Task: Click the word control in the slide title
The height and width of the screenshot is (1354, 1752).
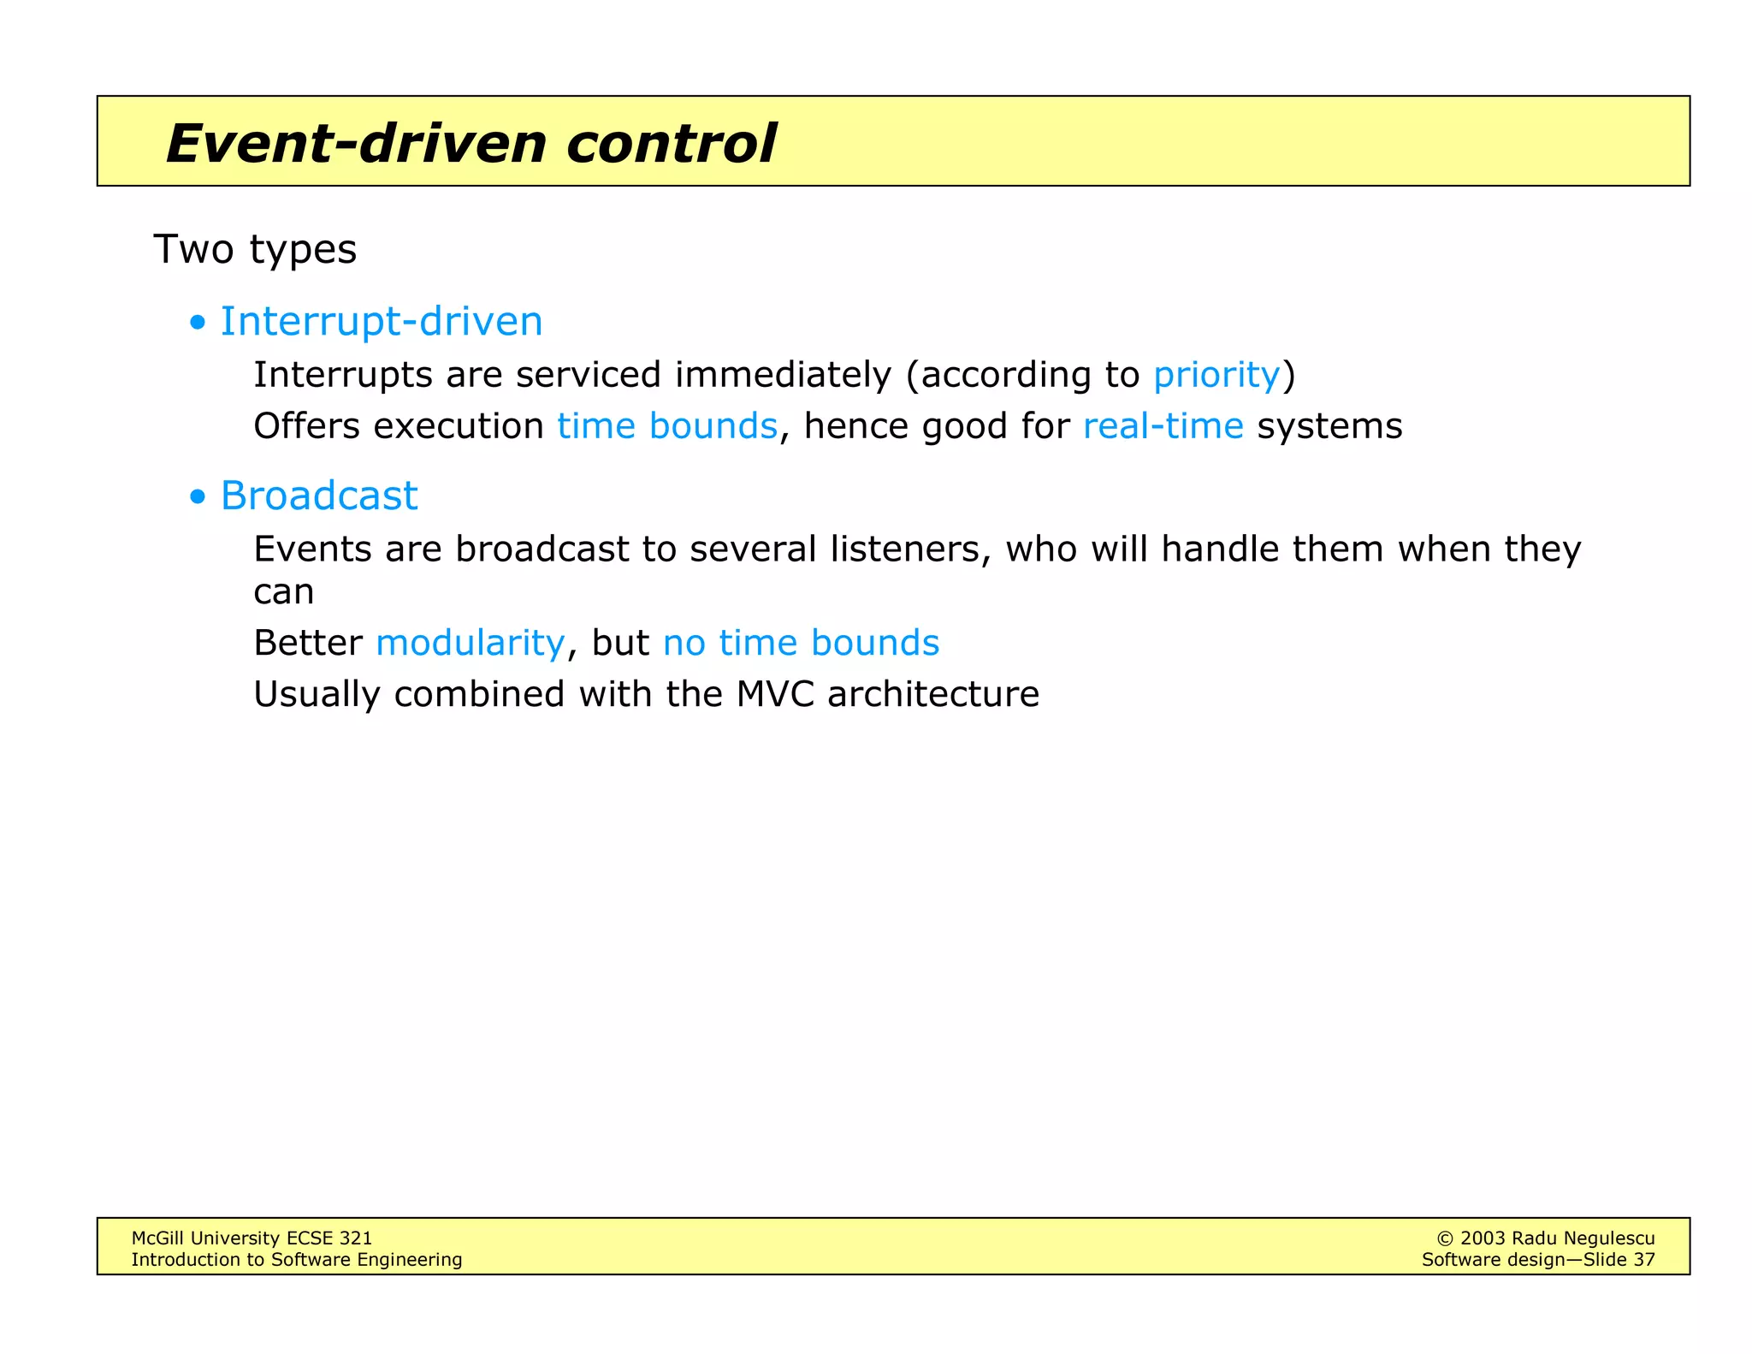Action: (671, 143)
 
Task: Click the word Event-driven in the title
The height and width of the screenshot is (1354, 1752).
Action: (356, 143)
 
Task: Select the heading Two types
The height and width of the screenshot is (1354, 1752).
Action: (255, 250)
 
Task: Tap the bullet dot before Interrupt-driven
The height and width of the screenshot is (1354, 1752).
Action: (198, 324)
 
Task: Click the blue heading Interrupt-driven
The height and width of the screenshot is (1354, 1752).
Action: (382, 322)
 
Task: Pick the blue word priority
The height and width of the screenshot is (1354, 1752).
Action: (1216, 376)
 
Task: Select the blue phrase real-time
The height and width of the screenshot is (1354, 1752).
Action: (1163, 426)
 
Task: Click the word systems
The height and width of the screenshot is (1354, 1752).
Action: (1329, 426)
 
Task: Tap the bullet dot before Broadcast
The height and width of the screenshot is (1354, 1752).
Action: (198, 497)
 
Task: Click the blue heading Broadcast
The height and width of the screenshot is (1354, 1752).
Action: (319, 496)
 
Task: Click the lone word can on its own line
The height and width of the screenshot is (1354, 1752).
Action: (284, 592)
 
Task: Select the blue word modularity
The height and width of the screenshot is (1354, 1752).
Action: (470, 643)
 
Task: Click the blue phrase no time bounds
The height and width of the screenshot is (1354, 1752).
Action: (801, 643)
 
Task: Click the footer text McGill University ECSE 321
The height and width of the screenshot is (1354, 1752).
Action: (252, 1238)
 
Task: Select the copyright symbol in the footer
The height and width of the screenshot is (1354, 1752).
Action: (1445, 1238)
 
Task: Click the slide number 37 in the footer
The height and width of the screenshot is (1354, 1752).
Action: (1643, 1260)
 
